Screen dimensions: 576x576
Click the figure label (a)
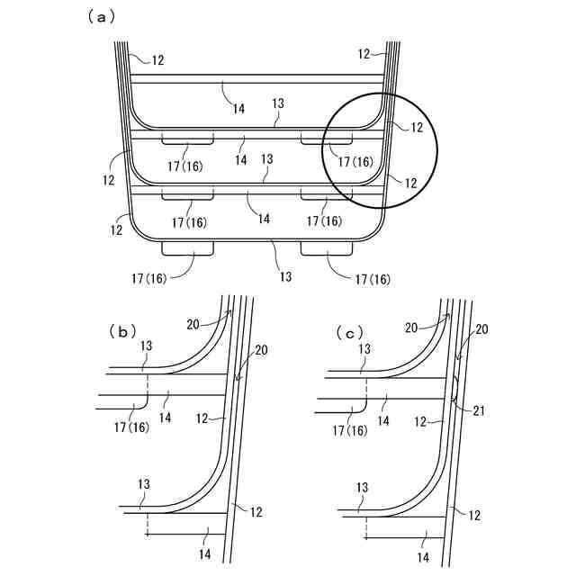point(98,15)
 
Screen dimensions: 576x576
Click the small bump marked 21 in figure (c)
point(456,389)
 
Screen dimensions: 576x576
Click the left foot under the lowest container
point(187,248)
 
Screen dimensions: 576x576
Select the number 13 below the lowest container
point(285,276)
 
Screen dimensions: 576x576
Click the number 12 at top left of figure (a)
point(157,60)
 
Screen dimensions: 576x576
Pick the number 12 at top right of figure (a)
point(364,54)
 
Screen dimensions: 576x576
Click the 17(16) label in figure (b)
point(135,429)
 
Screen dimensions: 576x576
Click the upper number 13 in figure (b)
point(146,346)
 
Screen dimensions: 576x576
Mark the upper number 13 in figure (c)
point(364,348)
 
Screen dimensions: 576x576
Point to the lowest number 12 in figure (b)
point(256,511)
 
